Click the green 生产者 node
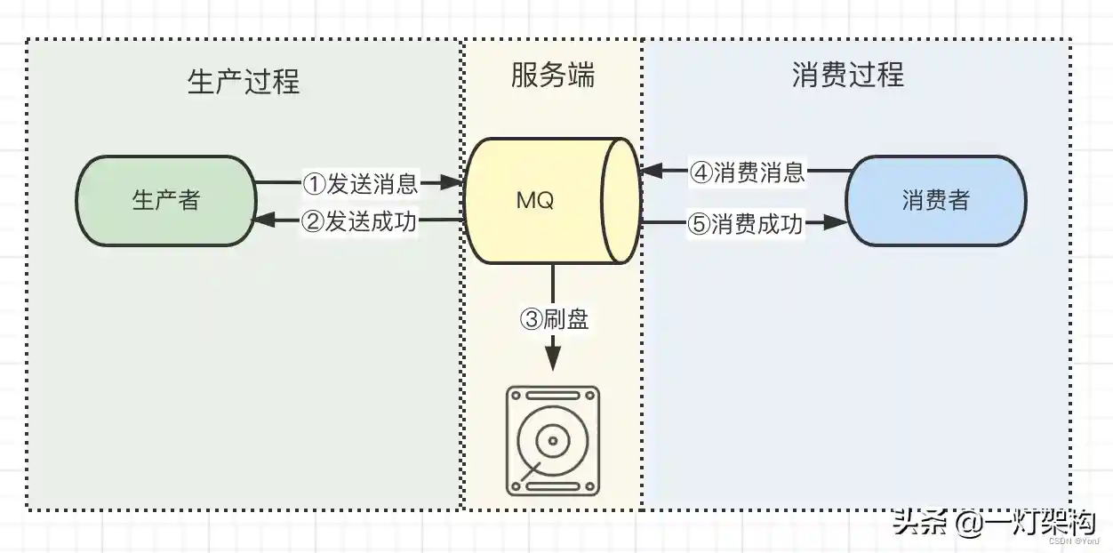coord(165,201)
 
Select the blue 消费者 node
coord(935,201)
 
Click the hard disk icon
coord(552,440)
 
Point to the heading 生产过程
coord(244,82)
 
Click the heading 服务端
coord(552,76)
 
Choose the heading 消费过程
coord(847,76)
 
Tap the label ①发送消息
coord(360,184)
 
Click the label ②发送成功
coord(360,221)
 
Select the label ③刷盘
coord(554,318)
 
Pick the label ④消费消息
coord(748,172)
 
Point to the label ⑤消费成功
coord(746,224)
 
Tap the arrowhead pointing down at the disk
coord(553,358)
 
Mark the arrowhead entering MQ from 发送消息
coord(453,184)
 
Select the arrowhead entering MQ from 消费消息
coord(650,171)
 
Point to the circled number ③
coord(531,319)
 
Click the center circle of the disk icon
coord(552,439)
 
